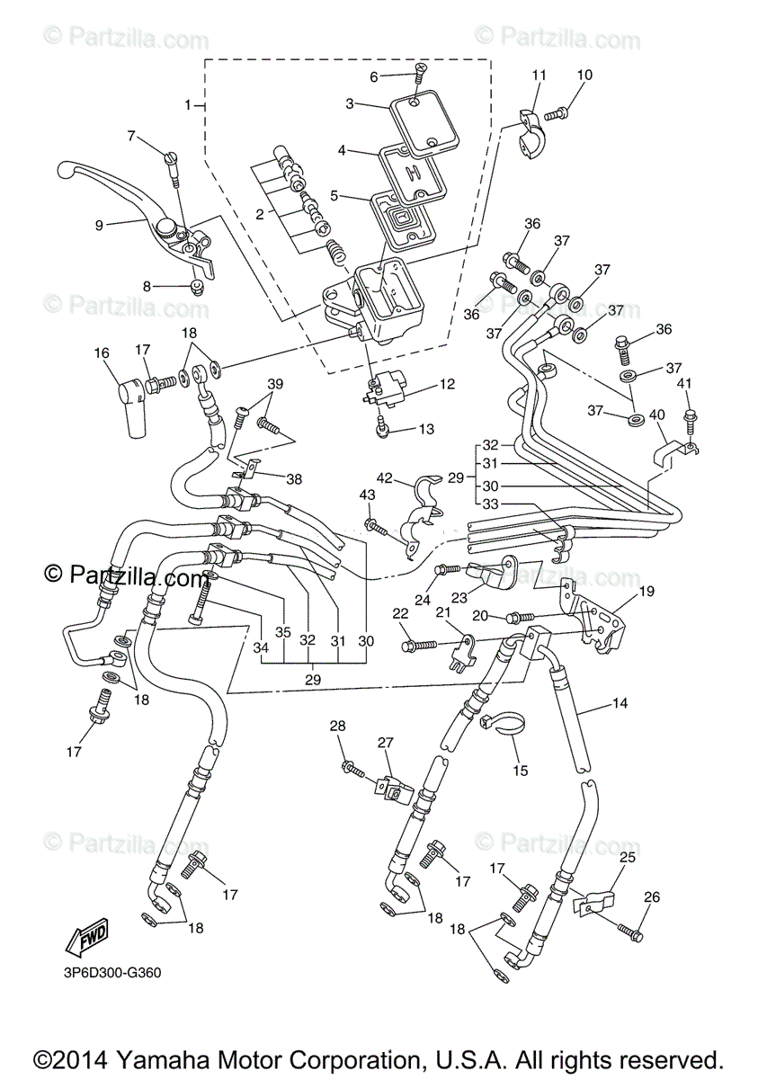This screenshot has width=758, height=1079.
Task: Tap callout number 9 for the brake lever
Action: [x=100, y=225]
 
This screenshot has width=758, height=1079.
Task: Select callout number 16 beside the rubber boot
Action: [x=101, y=354]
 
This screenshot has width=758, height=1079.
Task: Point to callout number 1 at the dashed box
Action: [x=189, y=105]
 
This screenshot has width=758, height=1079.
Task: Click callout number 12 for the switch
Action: [x=447, y=384]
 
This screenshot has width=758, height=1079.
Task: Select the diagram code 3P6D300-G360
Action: [x=106, y=972]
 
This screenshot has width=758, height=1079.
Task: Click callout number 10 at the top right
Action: [x=584, y=76]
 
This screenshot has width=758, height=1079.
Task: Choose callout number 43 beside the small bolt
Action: [x=367, y=495]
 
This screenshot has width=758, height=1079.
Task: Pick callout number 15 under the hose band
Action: [x=520, y=771]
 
